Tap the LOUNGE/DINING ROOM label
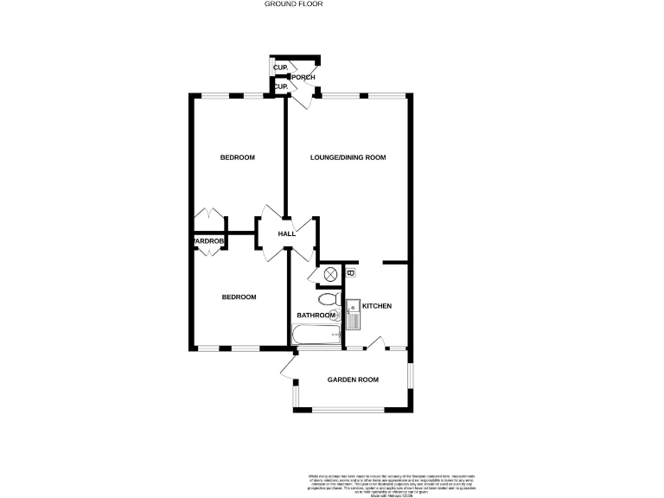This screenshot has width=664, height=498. click(348, 157)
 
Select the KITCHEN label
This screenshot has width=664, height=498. click(377, 306)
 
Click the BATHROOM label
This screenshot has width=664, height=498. click(316, 316)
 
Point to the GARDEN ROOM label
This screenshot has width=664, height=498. click(353, 380)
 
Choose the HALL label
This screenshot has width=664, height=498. click(287, 233)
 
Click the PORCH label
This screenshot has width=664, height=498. click(309, 77)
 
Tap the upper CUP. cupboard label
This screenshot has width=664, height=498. click(280, 67)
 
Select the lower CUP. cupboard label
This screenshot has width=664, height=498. click(280, 86)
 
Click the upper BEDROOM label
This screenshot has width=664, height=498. click(237, 157)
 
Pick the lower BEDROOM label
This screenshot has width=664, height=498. click(239, 297)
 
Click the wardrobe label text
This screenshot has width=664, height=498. click(208, 241)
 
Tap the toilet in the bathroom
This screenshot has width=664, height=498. click(328, 300)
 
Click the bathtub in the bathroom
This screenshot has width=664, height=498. click(318, 337)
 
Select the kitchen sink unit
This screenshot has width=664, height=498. click(353, 315)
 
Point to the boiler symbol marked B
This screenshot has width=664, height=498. click(349, 274)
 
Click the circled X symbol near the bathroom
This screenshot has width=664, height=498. click(330, 275)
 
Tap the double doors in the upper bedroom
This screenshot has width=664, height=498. click(207, 215)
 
